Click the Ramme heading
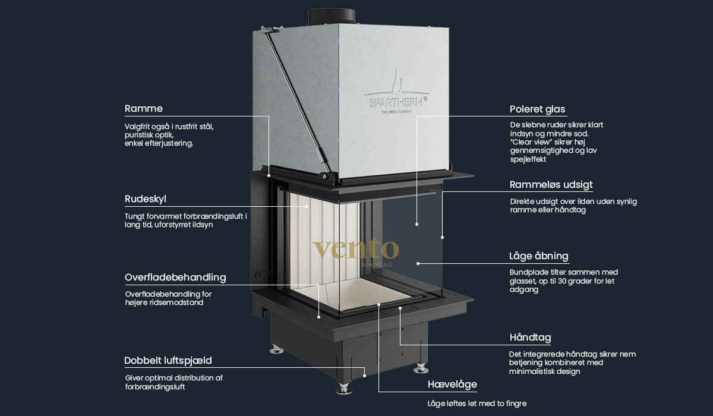coord(143,109)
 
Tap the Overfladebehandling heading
coord(175,278)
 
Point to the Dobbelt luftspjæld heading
coord(168,361)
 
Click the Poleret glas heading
coord(537,109)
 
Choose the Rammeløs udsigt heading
coord(551,185)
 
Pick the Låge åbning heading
coord(539,257)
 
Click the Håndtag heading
coord(530,338)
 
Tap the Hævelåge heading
coord(452,385)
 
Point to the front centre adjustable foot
coord(344,389)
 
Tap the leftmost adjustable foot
coord(276,349)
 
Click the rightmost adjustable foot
coord(421,367)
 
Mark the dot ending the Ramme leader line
coord(269,176)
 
